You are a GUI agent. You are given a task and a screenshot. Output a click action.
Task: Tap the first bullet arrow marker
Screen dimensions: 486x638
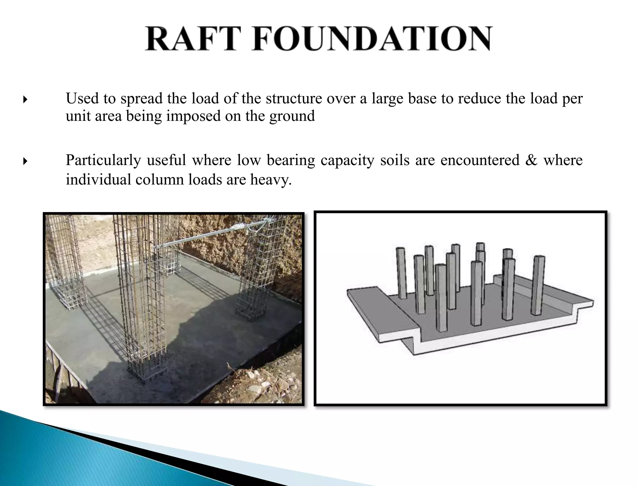click(25, 100)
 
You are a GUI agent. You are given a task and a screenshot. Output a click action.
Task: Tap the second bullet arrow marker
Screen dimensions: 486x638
click(25, 161)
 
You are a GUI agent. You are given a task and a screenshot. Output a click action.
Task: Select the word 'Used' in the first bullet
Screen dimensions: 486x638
click(82, 99)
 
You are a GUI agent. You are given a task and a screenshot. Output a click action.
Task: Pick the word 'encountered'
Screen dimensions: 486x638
click(480, 160)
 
